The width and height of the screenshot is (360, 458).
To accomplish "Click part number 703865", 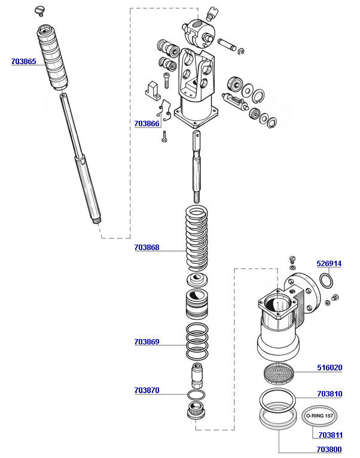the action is coord(24,62).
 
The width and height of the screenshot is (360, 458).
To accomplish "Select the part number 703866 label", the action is coord(147,124).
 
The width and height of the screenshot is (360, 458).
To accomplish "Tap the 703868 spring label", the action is coord(147,248).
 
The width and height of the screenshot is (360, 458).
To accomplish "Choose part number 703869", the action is coord(147,342).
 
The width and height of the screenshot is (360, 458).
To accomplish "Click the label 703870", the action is coord(147,390).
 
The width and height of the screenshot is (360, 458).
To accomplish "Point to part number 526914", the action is coord(329,264).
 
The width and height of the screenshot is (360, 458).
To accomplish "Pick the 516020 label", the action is coord(330,368).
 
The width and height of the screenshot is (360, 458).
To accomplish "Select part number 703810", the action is coord(330,394).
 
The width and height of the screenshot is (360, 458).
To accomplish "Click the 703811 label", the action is coord(330,435).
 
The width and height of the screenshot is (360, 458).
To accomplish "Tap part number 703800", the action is coord(329,449).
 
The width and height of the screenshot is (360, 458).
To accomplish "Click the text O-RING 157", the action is coord(319,416).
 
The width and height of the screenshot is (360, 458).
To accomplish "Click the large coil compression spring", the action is coord(197,237).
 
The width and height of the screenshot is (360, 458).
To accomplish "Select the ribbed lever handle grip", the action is coord(53,57).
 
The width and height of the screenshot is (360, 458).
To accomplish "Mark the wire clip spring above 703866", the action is coord(164,111).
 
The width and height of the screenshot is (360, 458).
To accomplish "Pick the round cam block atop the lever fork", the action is coord(200,33).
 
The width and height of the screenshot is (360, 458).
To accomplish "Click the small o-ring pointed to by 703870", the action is coord(196,395).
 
